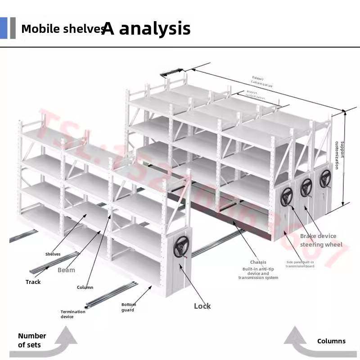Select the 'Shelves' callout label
point(53,254)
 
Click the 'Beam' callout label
point(66,270)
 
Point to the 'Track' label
point(33,282)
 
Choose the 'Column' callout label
point(85,288)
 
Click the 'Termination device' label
point(73,314)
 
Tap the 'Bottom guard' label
point(128,307)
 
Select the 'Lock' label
point(202,306)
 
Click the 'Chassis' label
point(258,262)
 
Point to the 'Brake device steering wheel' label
point(321,240)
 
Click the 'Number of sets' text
point(32,340)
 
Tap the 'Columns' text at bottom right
point(331,341)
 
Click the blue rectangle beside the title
point(4,28)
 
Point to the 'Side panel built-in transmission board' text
point(300,264)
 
